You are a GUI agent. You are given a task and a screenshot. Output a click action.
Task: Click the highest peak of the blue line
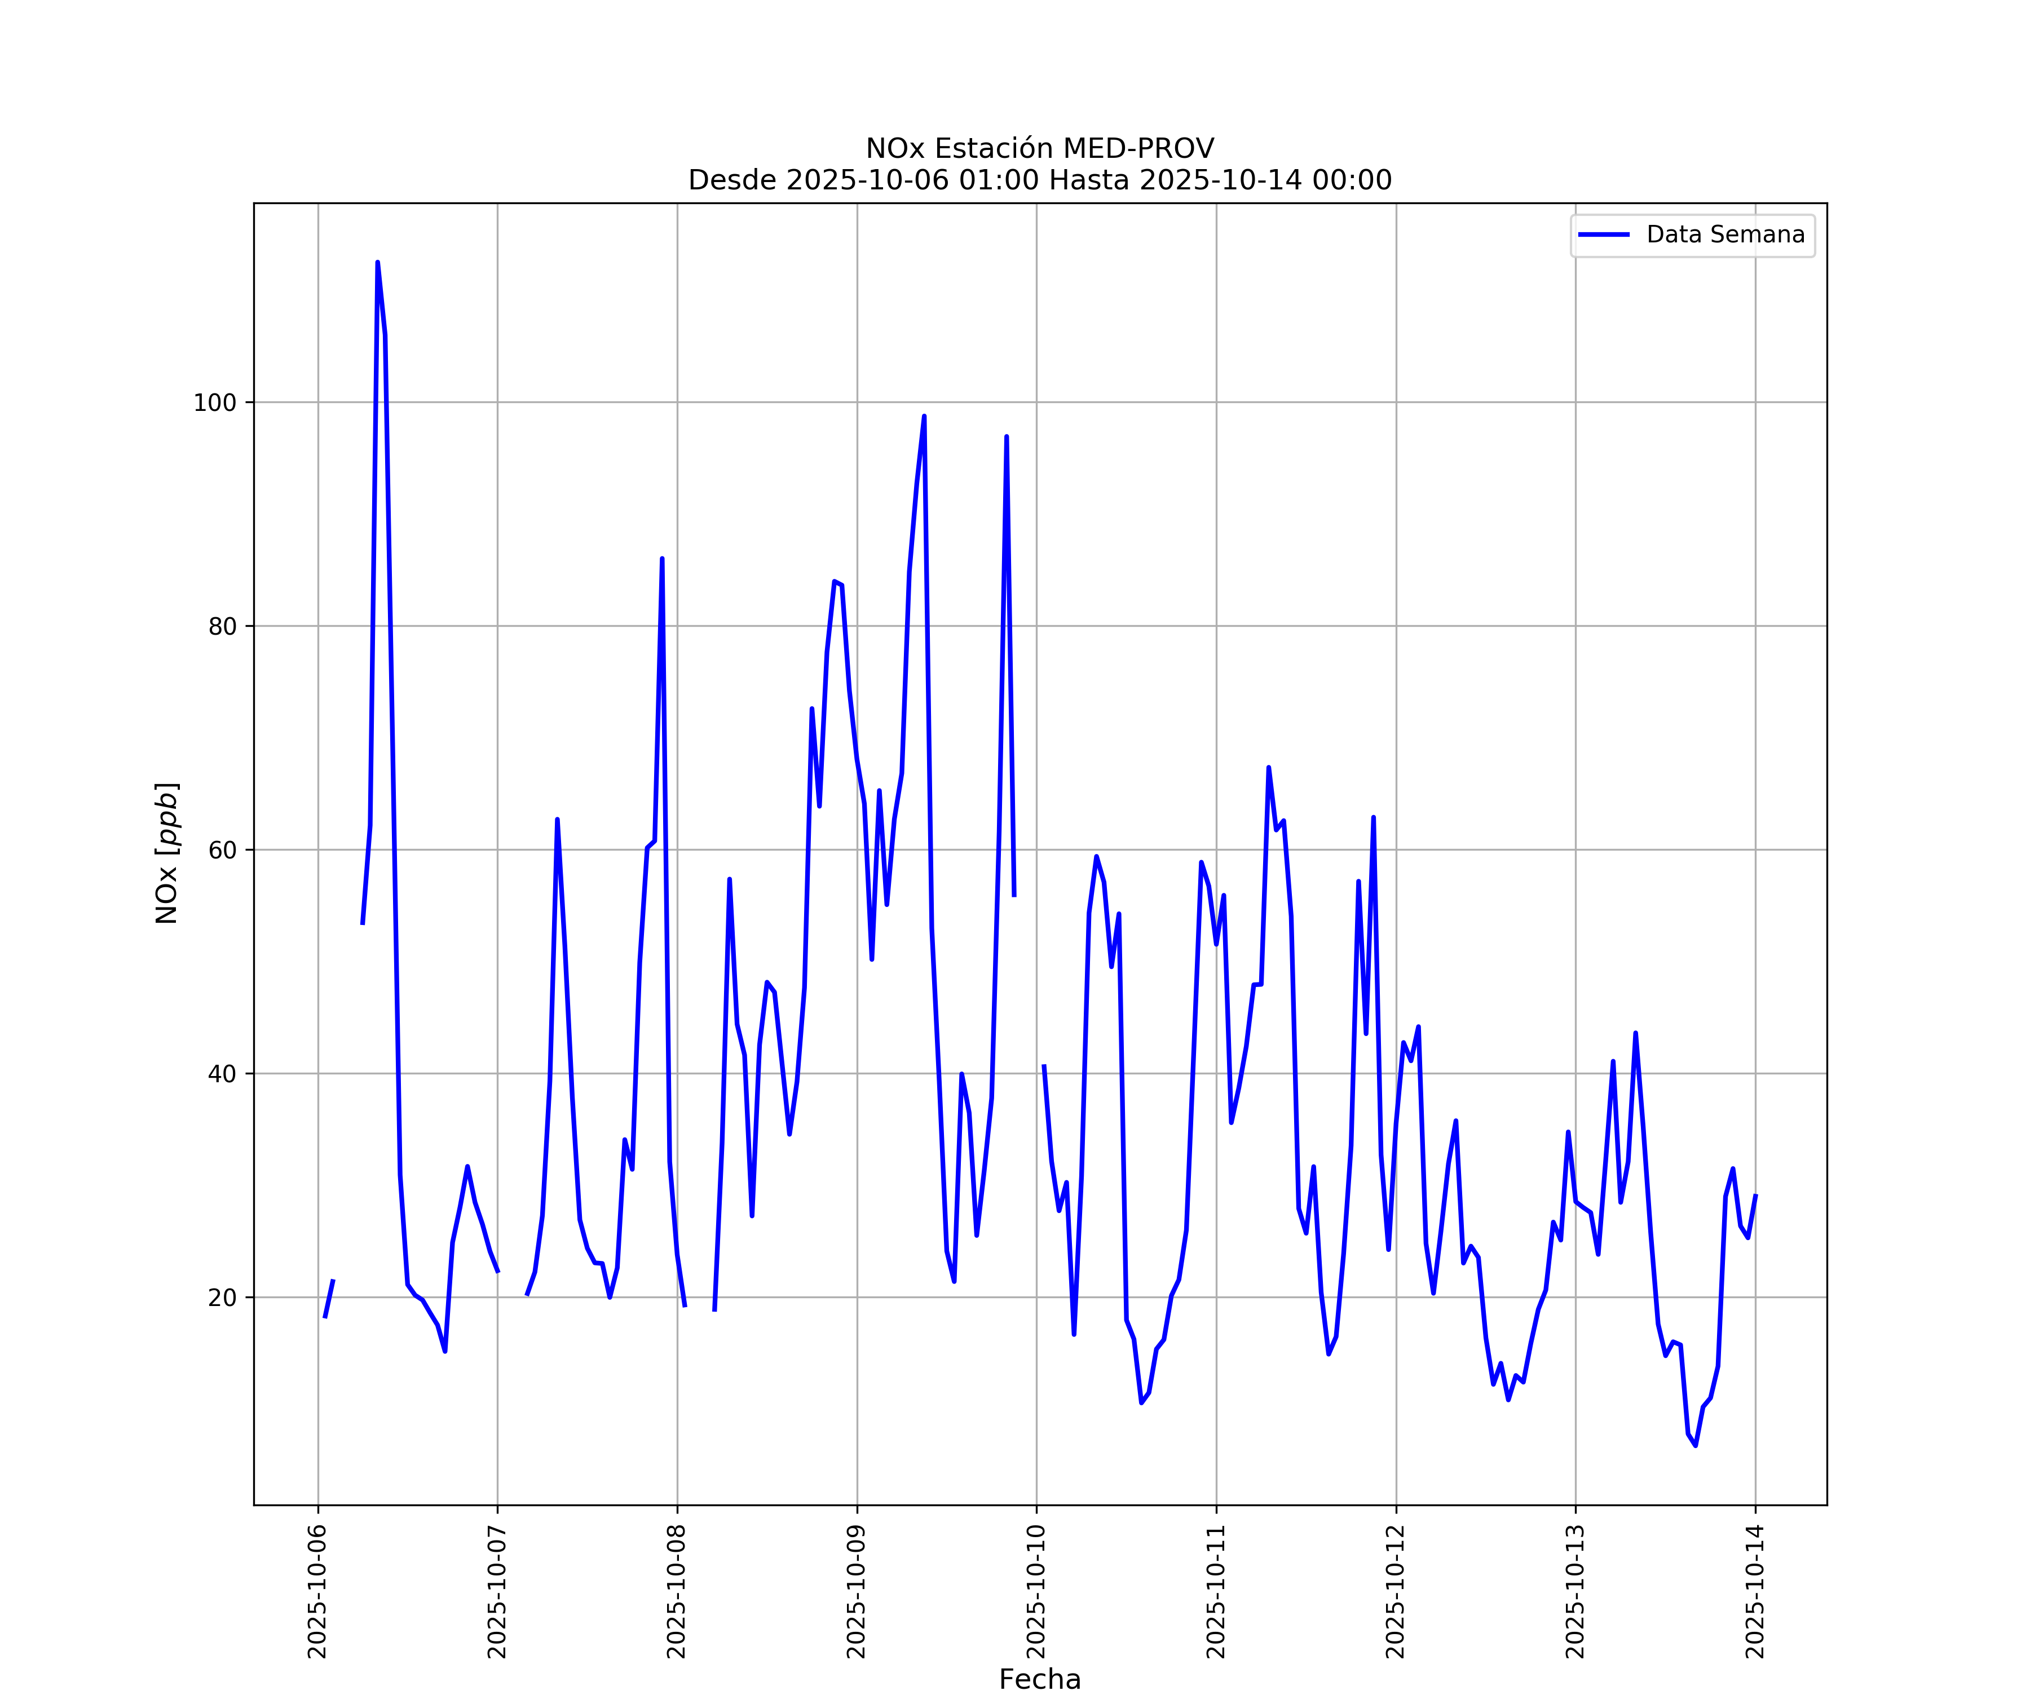pyautogui.click(x=377, y=262)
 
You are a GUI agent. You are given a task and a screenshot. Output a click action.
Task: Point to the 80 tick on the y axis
pyautogui.click(x=222, y=626)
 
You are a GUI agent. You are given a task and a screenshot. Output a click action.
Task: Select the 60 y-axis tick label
pyautogui.click(x=222, y=851)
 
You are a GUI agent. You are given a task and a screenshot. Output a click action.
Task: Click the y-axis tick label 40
pyautogui.click(x=222, y=1074)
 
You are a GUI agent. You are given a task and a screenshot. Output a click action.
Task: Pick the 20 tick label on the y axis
pyautogui.click(x=222, y=1298)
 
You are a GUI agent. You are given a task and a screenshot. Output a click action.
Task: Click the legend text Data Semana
pyautogui.click(x=1725, y=235)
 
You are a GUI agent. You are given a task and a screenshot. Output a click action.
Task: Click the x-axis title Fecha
pyautogui.click(x=1040, y=1679)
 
